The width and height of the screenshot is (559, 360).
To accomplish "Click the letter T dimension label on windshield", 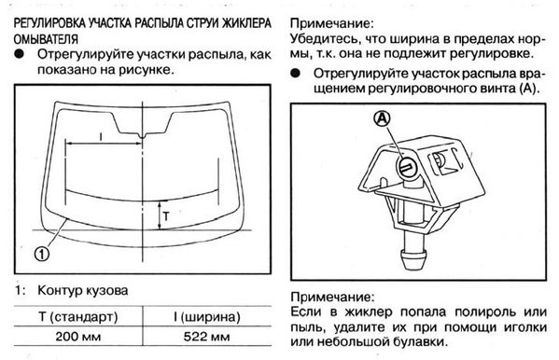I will [166, 213].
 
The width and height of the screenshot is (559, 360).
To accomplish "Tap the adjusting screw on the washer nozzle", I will [409, 165].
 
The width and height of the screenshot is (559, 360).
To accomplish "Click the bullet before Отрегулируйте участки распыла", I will [21, 57].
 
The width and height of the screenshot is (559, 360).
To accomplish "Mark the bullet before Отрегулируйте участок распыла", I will [296, 72].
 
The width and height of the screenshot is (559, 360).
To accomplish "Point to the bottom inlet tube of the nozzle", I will [409, 254].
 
